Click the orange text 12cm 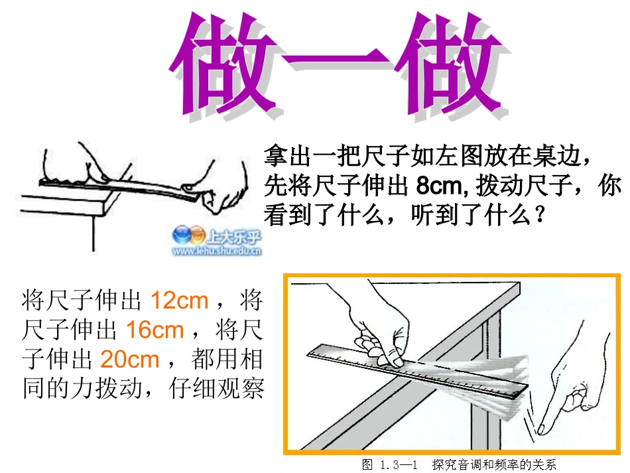(180, 301)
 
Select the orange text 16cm (155, 330)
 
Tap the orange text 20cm (130, 359)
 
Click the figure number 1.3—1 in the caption (398, 464)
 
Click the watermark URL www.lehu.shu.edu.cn (217, 251)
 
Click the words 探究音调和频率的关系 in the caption (494, 464)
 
